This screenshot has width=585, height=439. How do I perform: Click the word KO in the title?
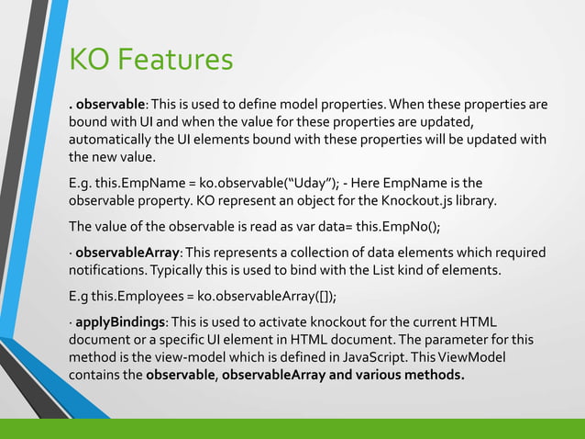89,61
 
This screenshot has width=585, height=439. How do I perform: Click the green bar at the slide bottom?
292,429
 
